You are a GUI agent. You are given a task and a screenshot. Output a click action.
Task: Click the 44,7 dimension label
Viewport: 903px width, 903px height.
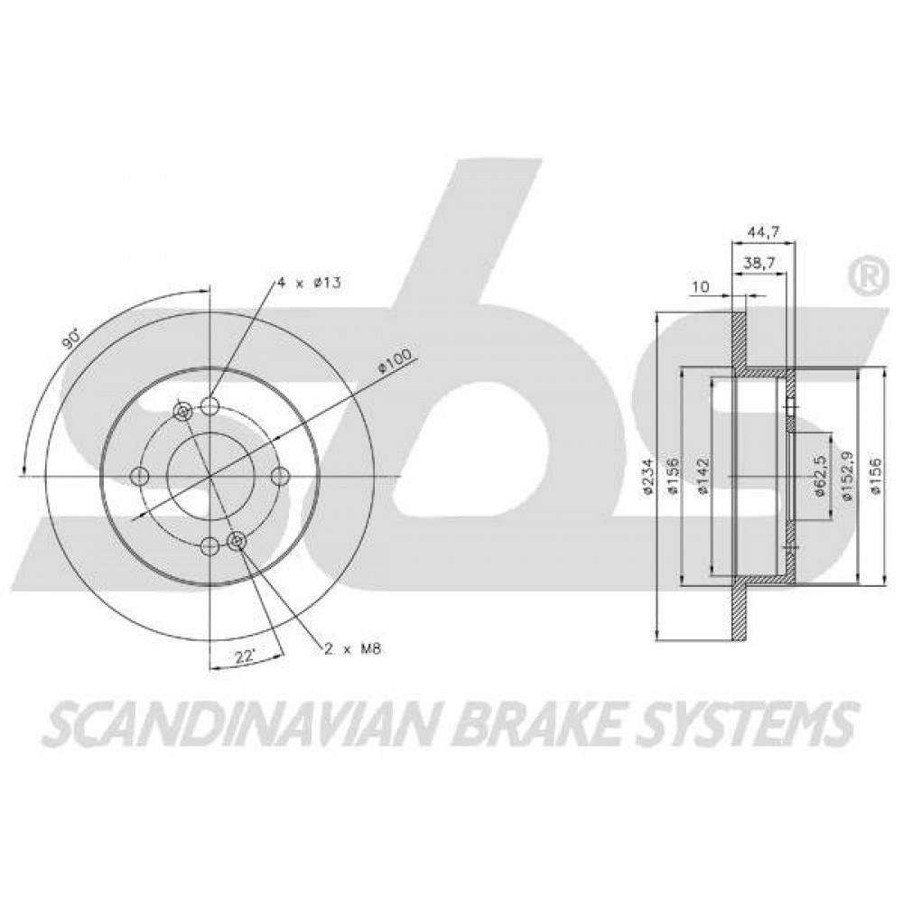pyautogui.click(x=764, y=232)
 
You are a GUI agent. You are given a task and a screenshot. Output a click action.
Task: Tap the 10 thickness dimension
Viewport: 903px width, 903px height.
pyautogui.click(x=701, y=287)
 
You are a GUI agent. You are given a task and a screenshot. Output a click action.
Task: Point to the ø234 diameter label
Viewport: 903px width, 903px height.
pyautogui.click(x=648, y=476)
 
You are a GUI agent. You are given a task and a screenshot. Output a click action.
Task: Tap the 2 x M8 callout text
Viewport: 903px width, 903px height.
pyautogui.click(x=352, y=649)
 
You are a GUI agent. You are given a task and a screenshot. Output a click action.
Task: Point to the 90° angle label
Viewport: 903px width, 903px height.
pyautogui.click(x=71, y=338)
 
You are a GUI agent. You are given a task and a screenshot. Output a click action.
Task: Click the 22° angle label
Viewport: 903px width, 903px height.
pyautogui.click(x=246, y=656)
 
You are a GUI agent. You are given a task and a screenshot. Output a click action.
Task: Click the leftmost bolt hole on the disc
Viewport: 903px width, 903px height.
pyautogui.click(x=140, y=476)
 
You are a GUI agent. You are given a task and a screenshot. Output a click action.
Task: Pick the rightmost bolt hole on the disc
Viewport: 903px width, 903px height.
pyautogui.click(x=281, y=476)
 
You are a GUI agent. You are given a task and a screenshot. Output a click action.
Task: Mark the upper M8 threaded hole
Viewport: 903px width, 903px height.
pyautogui.click(x=183, y=412)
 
